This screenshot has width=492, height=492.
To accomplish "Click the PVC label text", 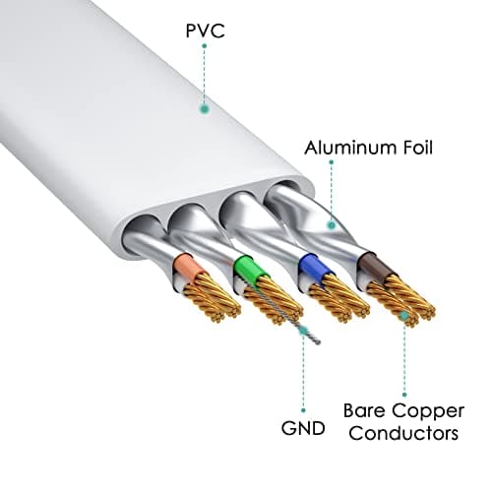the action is coord(206,31).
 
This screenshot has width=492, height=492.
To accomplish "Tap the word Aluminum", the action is coord(347,148).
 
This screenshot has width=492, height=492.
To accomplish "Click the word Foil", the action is coord(414,148).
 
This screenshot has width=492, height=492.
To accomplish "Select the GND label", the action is coord(303,428).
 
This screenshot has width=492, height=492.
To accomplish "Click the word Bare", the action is coord(364,410).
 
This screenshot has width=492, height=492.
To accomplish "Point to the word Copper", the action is coord(428,412).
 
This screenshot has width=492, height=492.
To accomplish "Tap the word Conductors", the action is coord(403,433).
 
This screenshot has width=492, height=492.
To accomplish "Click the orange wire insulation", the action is coord(188,268).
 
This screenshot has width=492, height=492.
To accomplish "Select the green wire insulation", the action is coord(251,268).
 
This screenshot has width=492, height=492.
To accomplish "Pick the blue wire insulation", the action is coord(314,268).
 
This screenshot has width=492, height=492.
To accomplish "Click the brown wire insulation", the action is coord(376,268).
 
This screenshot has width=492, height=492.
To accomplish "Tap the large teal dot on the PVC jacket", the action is coord(205,108).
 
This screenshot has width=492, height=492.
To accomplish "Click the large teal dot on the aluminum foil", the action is coord(332,225).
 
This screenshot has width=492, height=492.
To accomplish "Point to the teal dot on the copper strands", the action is coord(404,315).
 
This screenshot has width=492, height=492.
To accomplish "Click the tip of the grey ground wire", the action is coord(318,343).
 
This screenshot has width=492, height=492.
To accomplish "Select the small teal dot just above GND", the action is coord(303,410).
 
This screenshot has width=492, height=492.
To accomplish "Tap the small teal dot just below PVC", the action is coord(205,46).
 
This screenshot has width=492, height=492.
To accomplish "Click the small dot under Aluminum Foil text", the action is coord(332,162).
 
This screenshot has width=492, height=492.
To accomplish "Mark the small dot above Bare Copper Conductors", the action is coord(404,395).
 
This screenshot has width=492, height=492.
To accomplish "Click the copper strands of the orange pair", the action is coord(210,298).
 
